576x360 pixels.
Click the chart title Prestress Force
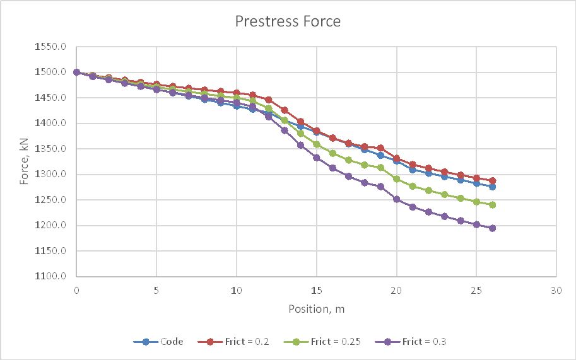point(288,21)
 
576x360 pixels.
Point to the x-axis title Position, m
point(316,309)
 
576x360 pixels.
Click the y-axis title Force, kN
point(24,162)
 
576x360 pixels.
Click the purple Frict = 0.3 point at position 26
point(492,228)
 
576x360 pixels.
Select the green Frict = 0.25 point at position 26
point(492,205)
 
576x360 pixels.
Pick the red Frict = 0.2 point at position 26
point(492,181)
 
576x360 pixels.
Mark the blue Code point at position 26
point(492,187)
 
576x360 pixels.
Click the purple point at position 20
point(396,199)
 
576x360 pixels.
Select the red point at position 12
point(268,100)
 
